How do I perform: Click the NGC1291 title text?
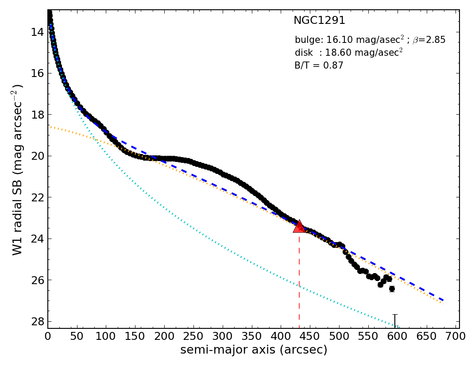[319, 21]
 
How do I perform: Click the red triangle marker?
[299, 227]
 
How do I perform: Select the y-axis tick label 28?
[37, 321]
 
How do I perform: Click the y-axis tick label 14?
[37, 32]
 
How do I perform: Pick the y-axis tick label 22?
[37, 197]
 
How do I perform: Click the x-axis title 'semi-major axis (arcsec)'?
[254, 350]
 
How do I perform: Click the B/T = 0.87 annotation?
[319, 65]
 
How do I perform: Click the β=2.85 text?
[429, 40]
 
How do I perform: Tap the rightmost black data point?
[392, 289]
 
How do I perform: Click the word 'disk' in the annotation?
[303, 53]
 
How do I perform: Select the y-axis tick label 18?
[37, 115]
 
